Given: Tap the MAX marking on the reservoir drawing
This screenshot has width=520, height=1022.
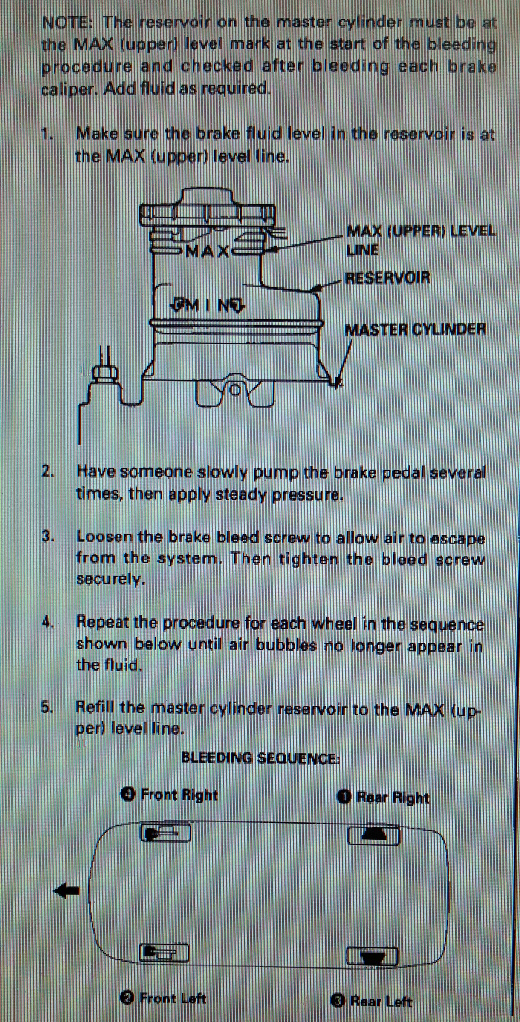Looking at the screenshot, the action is pyautogui.click(x=208, y=251).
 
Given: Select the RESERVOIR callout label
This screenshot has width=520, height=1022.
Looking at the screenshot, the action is pyautogui.click(x=387, y=278).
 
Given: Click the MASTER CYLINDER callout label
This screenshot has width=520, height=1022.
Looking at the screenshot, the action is pyautogui.click(x=415, y=329).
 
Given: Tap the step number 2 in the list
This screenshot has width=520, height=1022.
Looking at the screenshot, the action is pyautogui.click(x=46, y=471).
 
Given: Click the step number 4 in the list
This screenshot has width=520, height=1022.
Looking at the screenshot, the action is pyautogui.click(x=46, y=622).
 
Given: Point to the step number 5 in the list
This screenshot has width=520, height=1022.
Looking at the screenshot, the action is pyautogui.click(x=46, y=707).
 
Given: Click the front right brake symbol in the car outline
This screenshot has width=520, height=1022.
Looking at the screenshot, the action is pyautogui.click(x=165, y=833).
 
